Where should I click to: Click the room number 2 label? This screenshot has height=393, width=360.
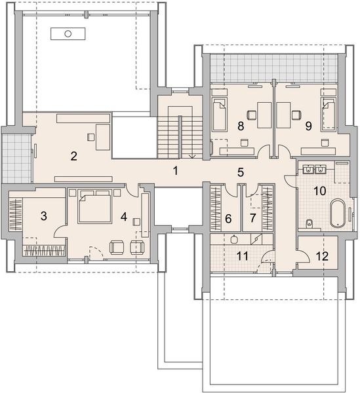click(73, 157)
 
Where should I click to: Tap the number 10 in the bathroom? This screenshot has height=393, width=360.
click(320, 191)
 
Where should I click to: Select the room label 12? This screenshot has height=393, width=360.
click(323, 256)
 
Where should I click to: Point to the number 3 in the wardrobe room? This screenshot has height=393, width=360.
click(44, 216)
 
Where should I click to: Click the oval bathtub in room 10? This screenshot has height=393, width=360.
click(338, 214)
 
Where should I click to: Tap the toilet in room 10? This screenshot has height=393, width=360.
click(310, 223)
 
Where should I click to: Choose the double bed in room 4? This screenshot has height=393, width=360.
click(94, 206)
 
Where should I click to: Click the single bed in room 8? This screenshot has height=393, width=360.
click(220, 114)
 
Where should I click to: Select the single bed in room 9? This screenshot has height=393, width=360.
click(328, 114)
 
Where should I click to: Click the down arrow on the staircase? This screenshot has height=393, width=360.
click(192, 157)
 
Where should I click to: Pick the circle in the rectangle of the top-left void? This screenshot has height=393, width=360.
click(68, 33)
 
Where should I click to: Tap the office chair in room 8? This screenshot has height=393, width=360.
click(252, 115)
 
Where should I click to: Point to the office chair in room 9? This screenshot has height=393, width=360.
click(296, 115)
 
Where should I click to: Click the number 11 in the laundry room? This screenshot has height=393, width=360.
click(243, 256)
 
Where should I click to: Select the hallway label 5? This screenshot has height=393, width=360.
click(241, 172)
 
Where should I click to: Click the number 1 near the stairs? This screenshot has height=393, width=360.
click(176, 171)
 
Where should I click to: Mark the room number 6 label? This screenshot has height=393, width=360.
click(228, 219)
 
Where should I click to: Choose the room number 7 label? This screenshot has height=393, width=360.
click(252, 218)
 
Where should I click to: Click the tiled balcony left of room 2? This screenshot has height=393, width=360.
click(16, 159)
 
